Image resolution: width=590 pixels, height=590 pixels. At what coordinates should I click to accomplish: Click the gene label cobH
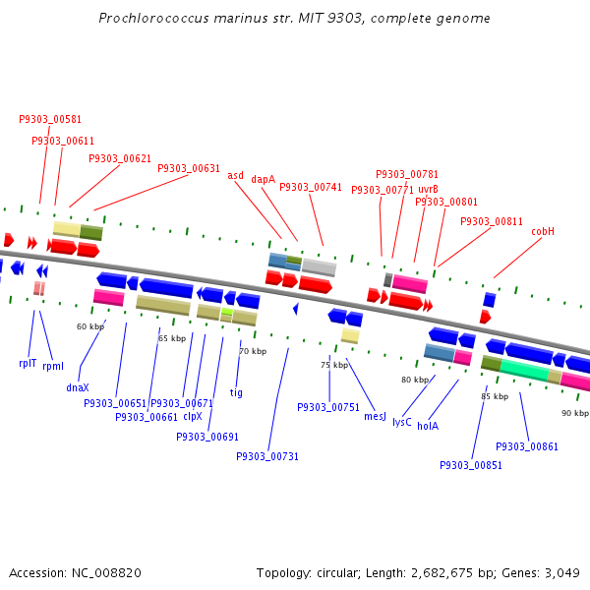tap(543, 231)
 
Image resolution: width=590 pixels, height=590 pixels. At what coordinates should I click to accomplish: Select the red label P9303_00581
tap(50, 119)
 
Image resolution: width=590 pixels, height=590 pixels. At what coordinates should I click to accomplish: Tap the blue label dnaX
tap(78, 387)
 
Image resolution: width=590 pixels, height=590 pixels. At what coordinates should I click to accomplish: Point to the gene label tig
tap(236, 392)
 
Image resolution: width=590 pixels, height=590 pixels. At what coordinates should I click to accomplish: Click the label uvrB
tap(428, 189)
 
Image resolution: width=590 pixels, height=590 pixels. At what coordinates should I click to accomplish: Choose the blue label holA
tap(428, 426)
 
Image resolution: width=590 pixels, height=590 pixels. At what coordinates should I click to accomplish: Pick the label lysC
tap(402, 422)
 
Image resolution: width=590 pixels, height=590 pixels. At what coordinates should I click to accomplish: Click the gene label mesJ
tap(375, 417)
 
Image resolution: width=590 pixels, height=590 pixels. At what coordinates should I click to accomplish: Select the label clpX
tap(193, 416)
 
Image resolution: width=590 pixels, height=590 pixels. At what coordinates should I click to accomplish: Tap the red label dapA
tap(263, 179)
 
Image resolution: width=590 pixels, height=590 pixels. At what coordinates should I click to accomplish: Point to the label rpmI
tap(53, 366)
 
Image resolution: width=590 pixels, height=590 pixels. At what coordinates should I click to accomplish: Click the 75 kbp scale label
tap(334, 365)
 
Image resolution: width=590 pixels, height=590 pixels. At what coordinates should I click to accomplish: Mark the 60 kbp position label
tap(89, 326)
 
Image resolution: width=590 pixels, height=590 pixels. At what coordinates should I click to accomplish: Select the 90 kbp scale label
tap(574, 413)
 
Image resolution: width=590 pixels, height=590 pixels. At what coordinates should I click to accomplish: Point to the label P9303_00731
tap(267, 456)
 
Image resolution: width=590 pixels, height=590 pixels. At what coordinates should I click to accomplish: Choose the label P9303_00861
tap(527, 446)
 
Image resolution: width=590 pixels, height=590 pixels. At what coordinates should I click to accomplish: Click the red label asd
tap(236, 175)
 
